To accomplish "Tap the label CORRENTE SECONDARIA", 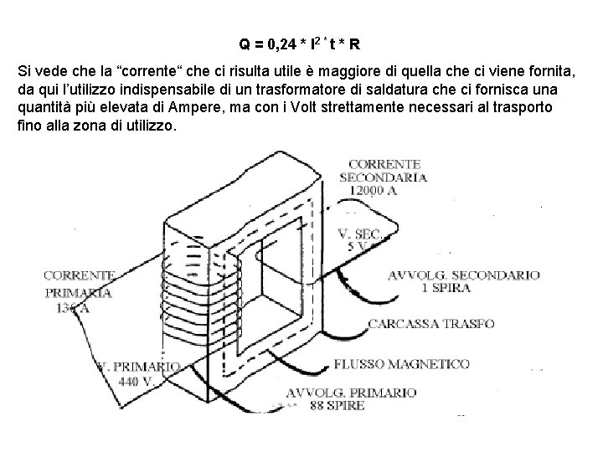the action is (x=386, y=170).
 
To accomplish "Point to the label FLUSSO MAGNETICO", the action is (x=401, y=365).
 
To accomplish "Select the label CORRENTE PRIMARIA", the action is (x=79, y=284).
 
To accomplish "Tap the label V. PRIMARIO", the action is (x=139, y=367).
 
